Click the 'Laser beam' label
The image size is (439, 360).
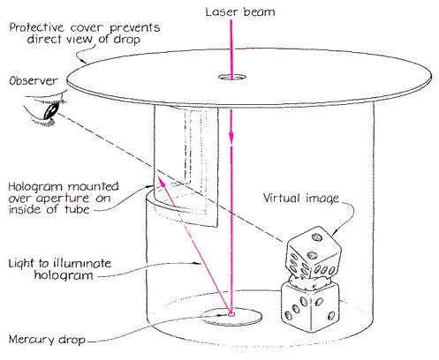tap(240, 12)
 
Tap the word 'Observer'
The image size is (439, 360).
tap(34, 80)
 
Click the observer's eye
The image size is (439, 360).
tap(52, 110)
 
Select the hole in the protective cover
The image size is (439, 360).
tap(232, 78)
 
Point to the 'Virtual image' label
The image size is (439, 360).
tap(300, 199)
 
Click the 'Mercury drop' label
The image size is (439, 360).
tap(47, 339)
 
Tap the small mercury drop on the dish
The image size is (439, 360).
tap(231, 314)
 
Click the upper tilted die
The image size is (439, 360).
tap(314, 253)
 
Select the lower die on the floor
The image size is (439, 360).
tap(311, 307)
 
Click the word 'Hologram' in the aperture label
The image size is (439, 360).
tap(35, 187)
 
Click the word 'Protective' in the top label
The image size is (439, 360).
tap(36, 27)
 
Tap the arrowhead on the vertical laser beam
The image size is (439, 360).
tap(231, 137)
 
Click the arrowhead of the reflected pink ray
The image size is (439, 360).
tap(161, 180)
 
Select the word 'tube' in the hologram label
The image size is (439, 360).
tap(77, 209)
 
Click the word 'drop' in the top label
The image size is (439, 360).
tap(127, 40)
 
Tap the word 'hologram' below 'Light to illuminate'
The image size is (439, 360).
tap(64, 275)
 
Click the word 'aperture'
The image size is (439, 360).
tap(63, 199)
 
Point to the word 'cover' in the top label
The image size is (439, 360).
tap(87, 28)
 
